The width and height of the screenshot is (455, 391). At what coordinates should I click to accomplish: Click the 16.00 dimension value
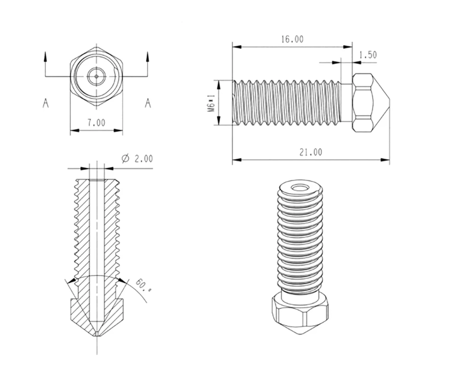(x=292, y=40)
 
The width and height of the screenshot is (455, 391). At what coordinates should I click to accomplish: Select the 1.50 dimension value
(x=367, y=55)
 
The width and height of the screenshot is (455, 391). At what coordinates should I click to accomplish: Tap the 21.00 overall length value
(x=310, y=152)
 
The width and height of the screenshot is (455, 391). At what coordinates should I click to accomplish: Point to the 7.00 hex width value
(x=96, y=123)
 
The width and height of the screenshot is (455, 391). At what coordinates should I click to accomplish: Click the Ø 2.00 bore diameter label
(x=137, y=159)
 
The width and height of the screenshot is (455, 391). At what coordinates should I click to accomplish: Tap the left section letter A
(x=45, y=103)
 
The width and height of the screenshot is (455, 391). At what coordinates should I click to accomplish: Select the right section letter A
(x=148, y=103)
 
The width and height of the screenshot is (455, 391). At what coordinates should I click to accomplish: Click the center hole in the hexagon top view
(x=96, y=75)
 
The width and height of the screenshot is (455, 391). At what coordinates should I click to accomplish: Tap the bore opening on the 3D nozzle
(x=301, y=187)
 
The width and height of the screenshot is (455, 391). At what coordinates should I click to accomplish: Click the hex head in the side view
(x=363, y=103)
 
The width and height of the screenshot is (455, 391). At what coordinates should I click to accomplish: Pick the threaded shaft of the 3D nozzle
(x=300, y=240)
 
